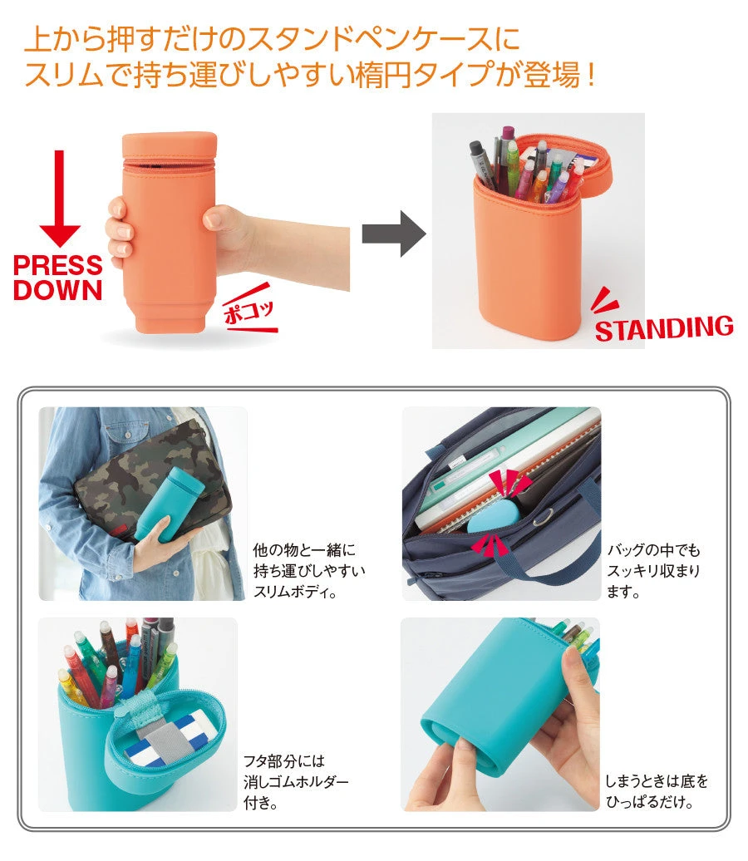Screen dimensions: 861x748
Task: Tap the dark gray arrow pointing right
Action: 393,234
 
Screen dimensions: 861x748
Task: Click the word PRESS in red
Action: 58,266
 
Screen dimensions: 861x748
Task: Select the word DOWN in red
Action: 58,291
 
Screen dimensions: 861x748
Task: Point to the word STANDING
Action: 664,328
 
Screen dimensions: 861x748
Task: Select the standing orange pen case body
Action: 531,258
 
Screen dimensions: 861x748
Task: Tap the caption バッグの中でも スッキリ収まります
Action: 654,571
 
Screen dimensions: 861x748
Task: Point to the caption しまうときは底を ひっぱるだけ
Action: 657,792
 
